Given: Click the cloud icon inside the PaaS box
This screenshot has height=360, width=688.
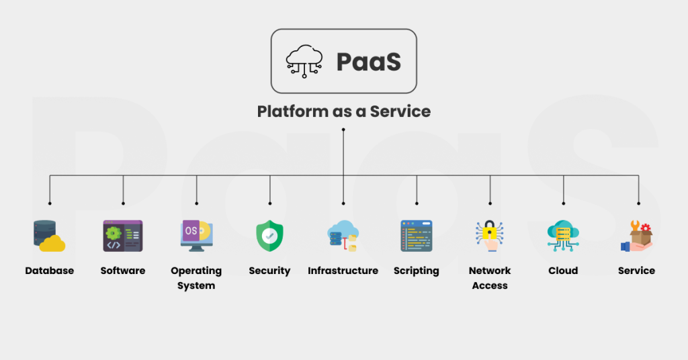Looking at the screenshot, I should [304, 61].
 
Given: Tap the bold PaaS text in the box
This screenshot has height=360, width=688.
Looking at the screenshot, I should [369, 62].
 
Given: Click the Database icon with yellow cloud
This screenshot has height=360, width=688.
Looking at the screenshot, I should [49, 236].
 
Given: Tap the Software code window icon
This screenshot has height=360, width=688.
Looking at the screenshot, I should [122, 236].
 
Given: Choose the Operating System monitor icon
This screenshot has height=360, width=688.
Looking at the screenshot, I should [196, 236].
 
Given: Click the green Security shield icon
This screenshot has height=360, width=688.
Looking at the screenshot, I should [269, 236].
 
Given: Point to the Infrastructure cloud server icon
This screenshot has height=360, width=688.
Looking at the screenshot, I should [343, 236].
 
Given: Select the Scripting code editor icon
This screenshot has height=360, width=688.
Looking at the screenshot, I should [417, 236].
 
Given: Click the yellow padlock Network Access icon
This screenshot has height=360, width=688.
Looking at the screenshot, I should [490, 236].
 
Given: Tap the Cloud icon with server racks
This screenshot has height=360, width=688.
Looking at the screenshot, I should [563, 236].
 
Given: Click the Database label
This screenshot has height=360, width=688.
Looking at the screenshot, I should [49, 271].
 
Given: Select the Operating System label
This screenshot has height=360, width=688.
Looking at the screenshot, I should [196, 278].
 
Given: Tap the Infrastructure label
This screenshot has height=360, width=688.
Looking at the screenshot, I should [343, 271].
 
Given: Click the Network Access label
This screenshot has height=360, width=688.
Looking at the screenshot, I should [490, 278].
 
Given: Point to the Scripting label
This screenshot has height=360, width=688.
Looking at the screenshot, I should [417, 271].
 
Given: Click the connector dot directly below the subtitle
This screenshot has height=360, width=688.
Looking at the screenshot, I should [343, 129].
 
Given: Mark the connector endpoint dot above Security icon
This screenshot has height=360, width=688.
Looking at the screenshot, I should [269, 203].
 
